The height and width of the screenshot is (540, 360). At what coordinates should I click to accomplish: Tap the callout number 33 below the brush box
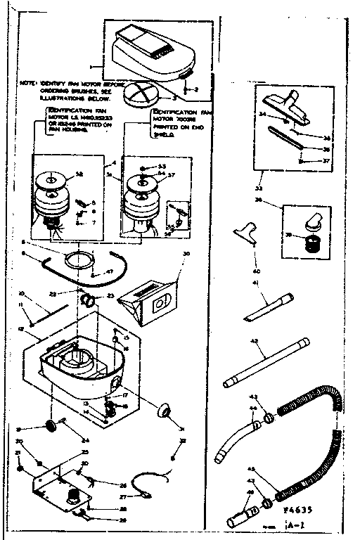point(257,188)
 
